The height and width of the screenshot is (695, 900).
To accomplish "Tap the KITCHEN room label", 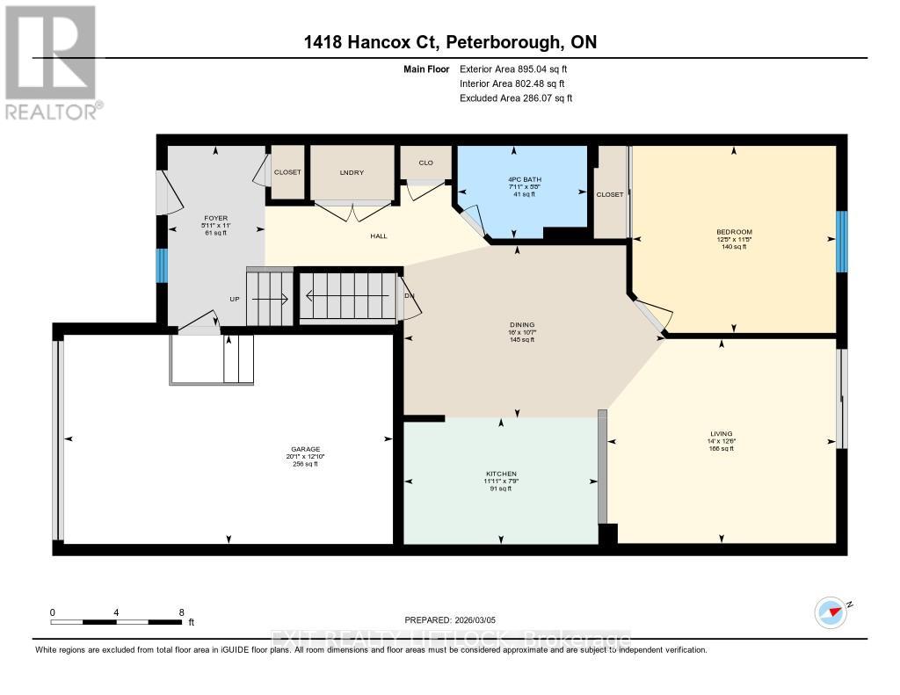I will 500,474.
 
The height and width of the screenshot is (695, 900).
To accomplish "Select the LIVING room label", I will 722,433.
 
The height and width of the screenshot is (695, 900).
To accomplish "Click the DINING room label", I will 522,324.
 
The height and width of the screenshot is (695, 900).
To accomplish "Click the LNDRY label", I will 352,172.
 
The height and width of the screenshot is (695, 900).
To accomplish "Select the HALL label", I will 378,235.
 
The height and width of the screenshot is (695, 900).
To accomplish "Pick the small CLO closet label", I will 425,163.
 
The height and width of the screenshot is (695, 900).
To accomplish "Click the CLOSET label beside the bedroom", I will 609,194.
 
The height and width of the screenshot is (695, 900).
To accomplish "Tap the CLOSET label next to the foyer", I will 287,172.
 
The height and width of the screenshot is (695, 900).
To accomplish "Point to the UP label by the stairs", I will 235,299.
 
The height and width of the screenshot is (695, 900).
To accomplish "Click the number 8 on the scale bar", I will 181,612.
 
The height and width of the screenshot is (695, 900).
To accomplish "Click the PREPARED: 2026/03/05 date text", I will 456,619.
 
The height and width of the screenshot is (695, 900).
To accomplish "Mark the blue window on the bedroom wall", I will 841,242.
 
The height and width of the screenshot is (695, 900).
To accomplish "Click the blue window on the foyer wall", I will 161,266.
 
